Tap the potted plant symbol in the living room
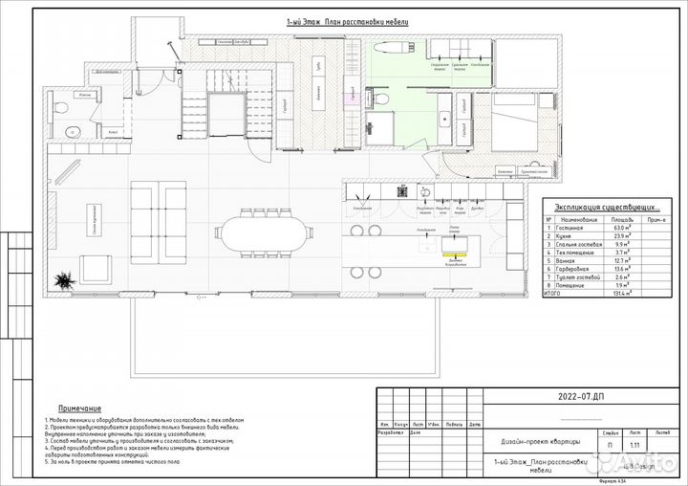pyautogui.click(x=64, y=280)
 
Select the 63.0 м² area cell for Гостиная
pyautogui.click(x=620, y=229)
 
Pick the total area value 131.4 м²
pyautogui.click(x=620, y=294)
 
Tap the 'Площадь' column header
pyautogui.click(x=620, y=219)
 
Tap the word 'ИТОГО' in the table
pyautogui.click(x=555, y=294)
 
